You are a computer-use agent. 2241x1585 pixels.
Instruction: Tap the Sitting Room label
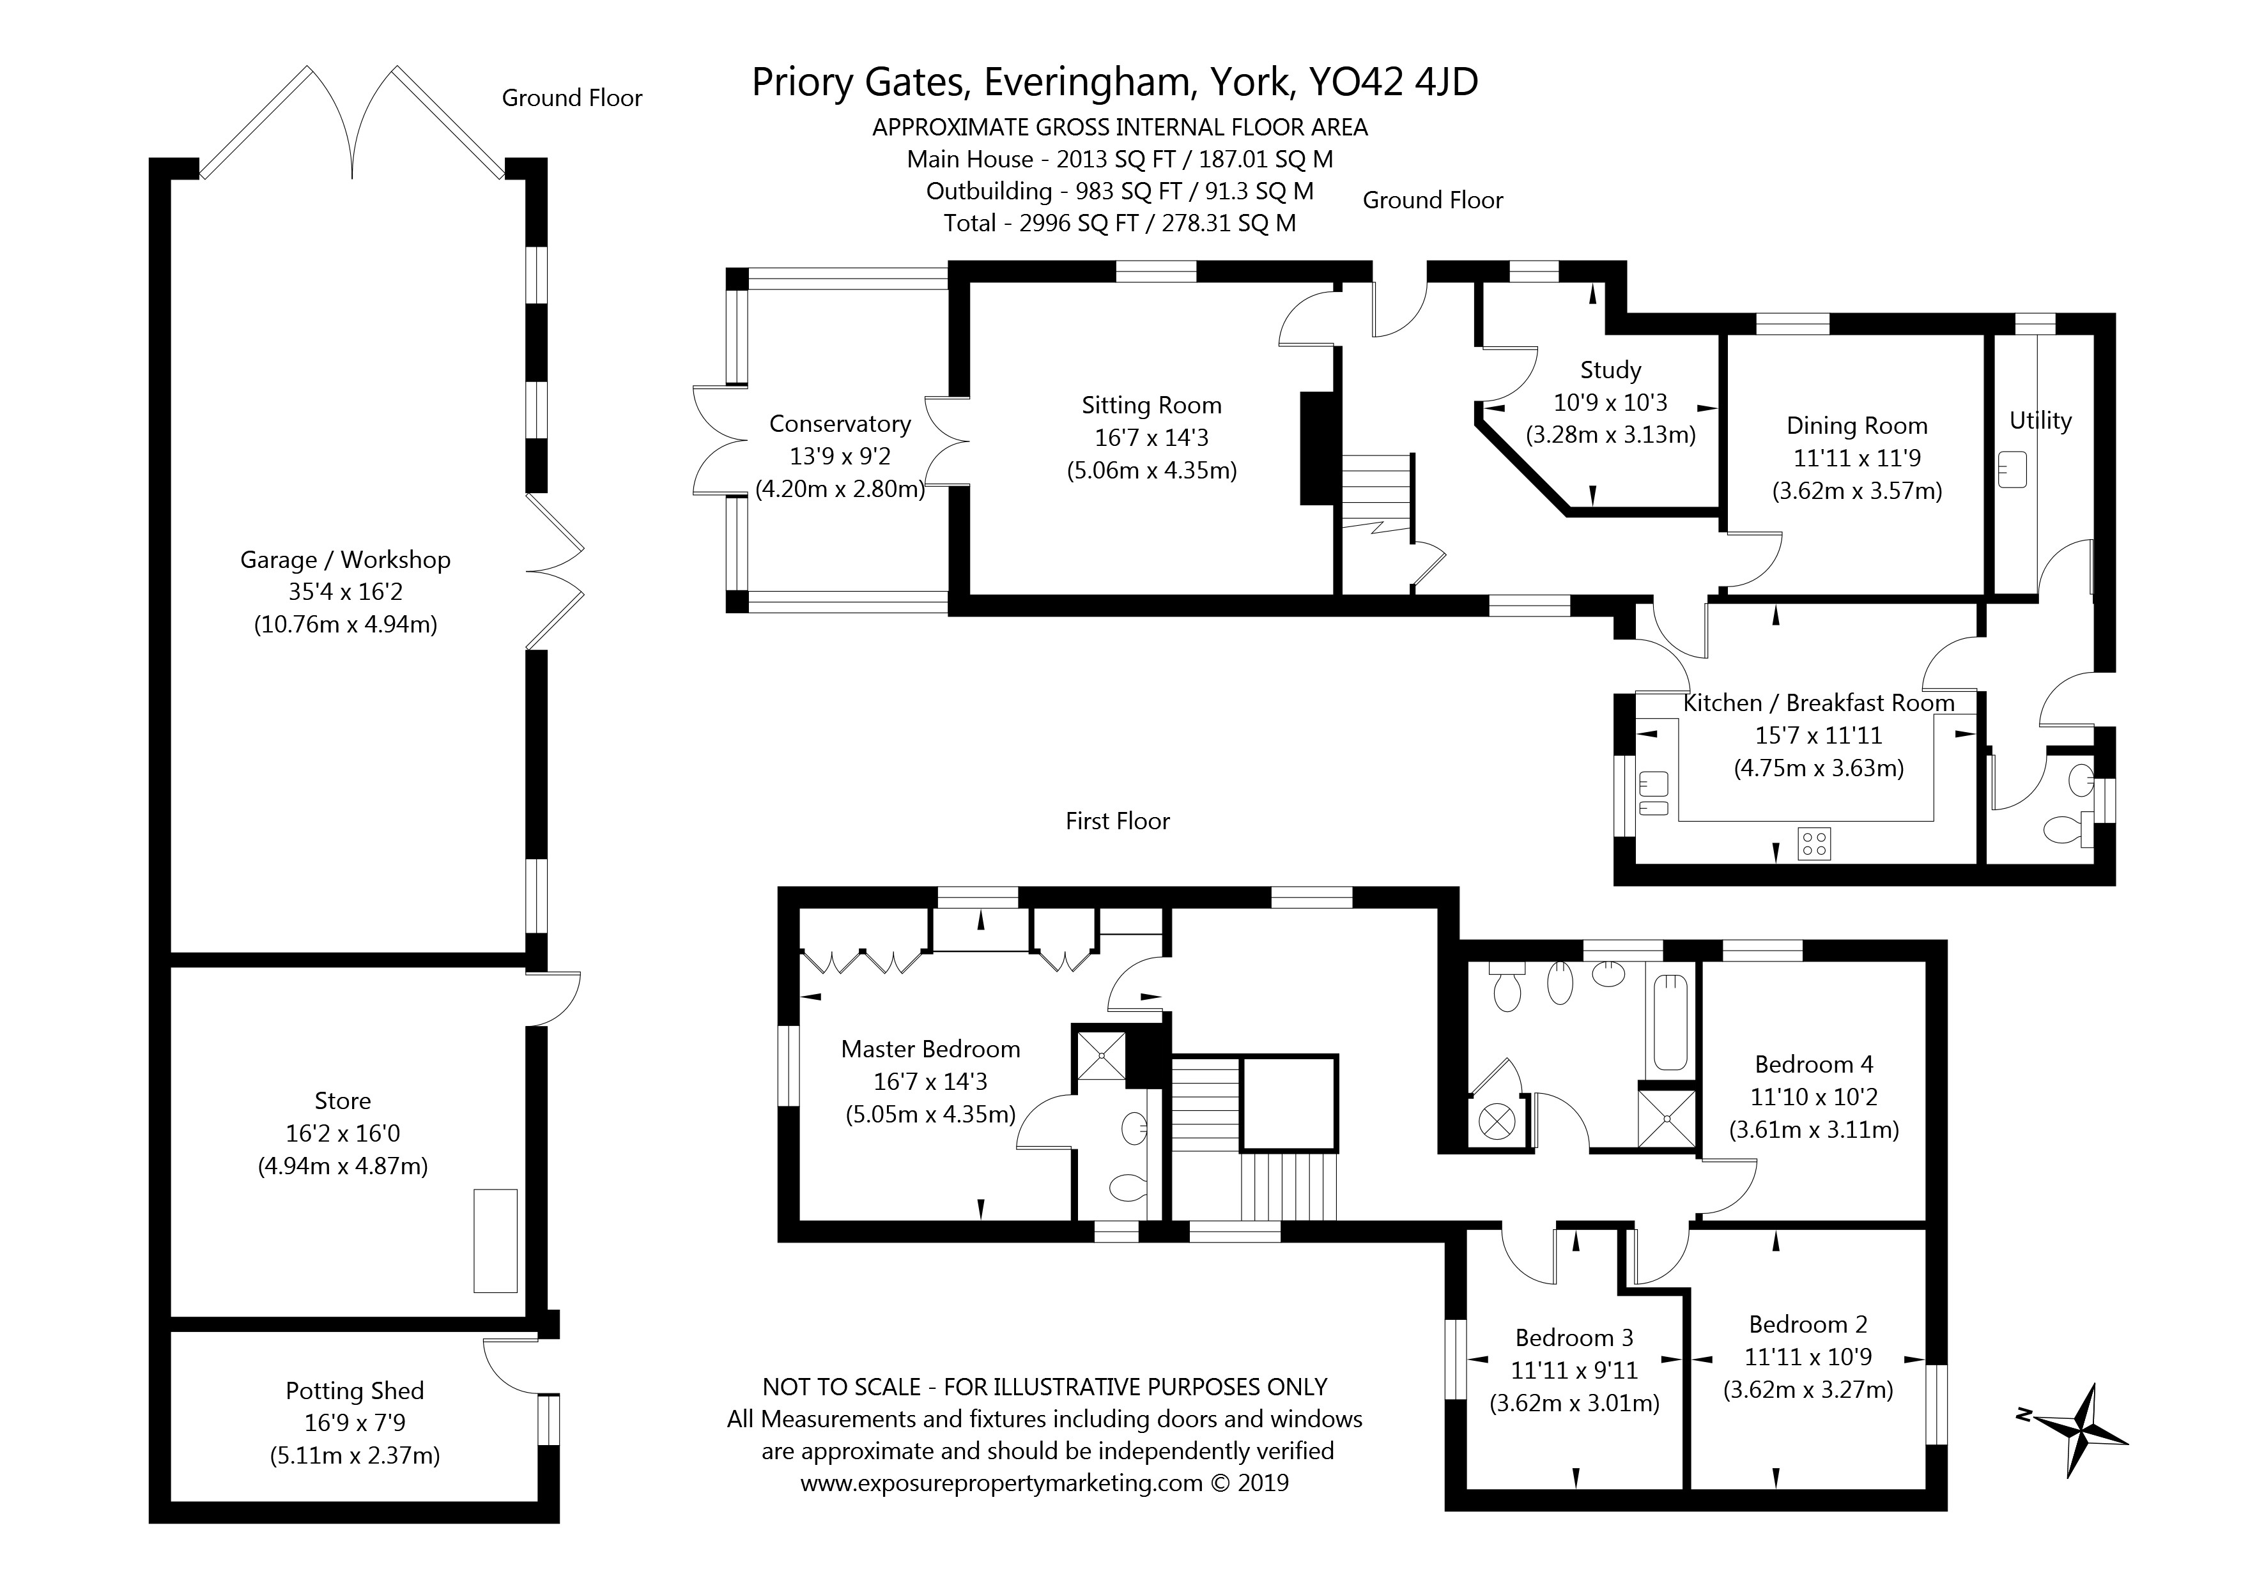[1151, 405]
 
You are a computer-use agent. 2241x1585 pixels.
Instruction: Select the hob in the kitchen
[1814, 843]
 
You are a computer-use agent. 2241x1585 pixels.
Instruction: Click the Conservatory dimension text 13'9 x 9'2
[840, 456]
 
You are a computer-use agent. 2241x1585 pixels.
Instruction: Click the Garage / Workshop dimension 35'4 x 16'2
[346, 592]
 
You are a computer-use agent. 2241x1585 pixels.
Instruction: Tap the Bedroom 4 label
[1814, 1064]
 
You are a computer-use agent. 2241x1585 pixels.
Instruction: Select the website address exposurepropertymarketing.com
[1001, 1483]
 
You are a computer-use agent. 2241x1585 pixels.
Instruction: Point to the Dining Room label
[1856, 425]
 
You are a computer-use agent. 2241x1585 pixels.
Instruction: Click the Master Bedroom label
[930, 1049]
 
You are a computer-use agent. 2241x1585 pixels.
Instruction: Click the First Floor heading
[1118, 821]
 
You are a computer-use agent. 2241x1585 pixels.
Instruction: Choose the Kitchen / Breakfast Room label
[1819, 703]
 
